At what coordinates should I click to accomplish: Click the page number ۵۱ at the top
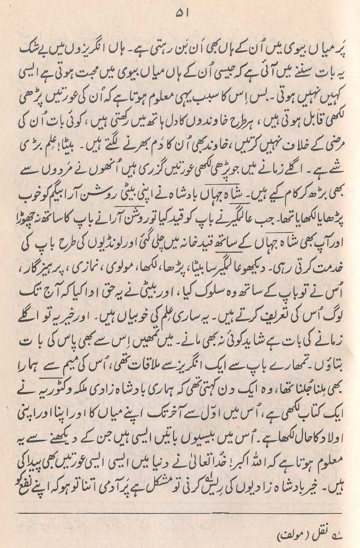(180, 14)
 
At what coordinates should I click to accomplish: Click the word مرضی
(330, 126)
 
